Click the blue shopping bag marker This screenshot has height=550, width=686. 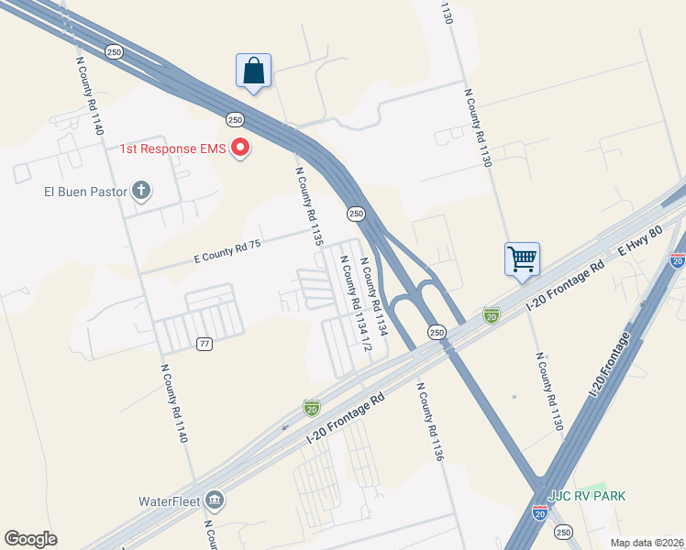[x=253, y=71]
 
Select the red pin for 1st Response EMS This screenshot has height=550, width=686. [x=240, y=147]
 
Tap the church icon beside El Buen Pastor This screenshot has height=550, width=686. [x=140, y=192]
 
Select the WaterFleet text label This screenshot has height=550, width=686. [x=169, y=501]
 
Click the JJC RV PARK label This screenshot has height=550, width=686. [x=587, y=496]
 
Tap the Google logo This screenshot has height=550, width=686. [x=30, y=539]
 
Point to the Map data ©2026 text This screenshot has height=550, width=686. [x=647, y=543]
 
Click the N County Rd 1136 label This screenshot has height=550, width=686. [x=430, y=423]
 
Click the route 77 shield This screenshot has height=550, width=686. [x=205, y=344]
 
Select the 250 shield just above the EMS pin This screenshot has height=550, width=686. [x=235, y=119]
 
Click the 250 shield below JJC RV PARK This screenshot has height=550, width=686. [x=563, y=532]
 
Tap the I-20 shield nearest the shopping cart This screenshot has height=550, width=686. [x=492, y=314]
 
